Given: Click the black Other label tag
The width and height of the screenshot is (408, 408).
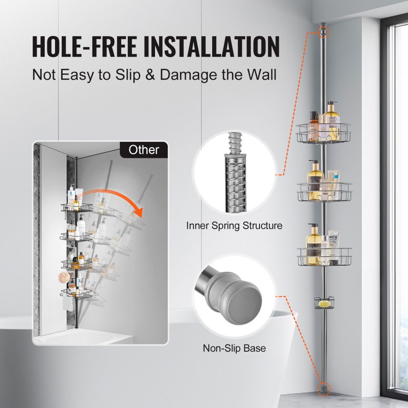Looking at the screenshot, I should coord(144,150).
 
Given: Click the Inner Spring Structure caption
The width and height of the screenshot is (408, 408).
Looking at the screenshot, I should coord(234,226).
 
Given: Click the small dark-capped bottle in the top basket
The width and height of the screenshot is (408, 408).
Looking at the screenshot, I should coord(313,126).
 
